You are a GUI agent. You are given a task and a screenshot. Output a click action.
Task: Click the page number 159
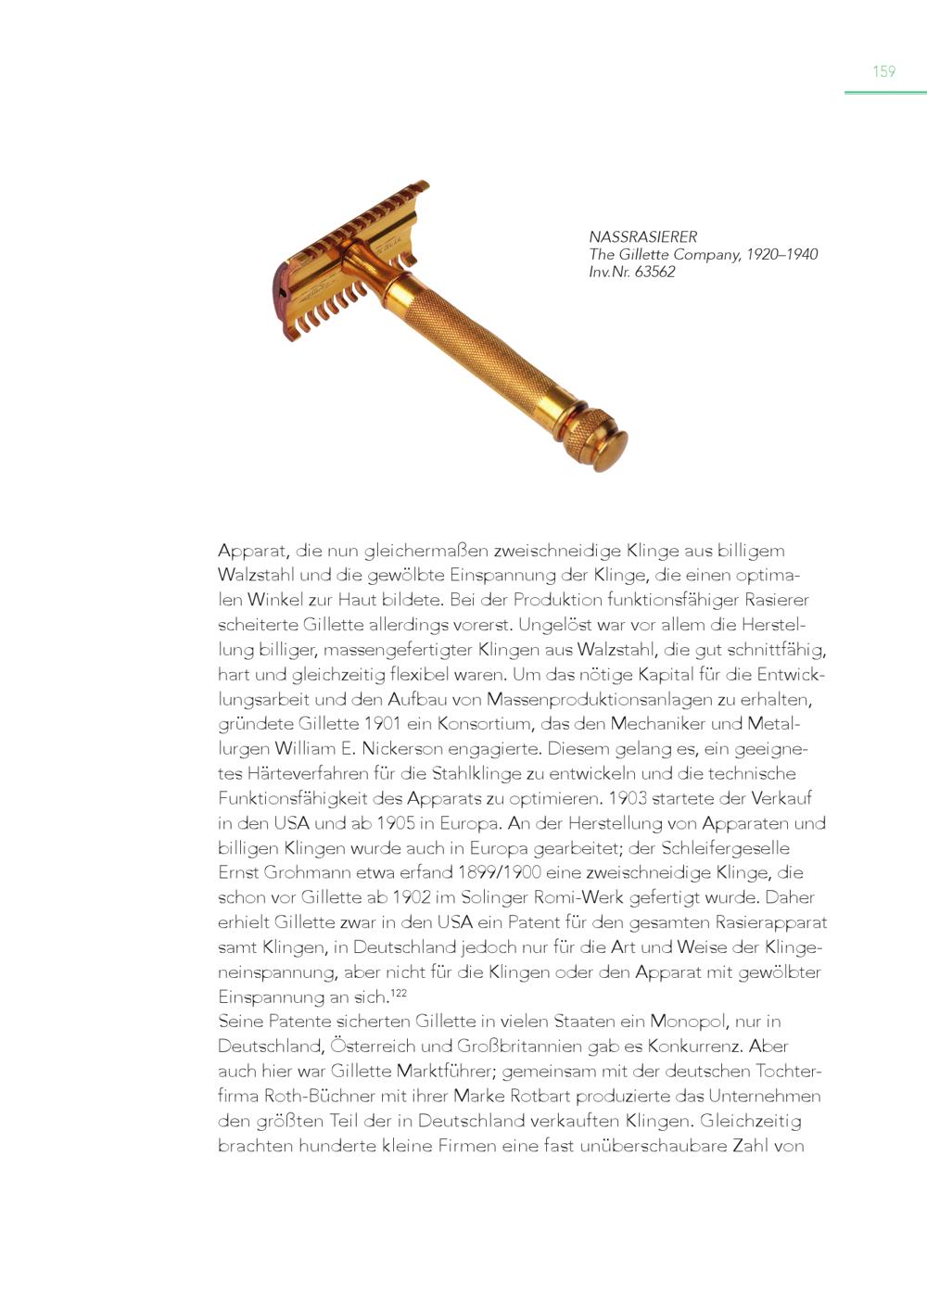(x=883, y=71)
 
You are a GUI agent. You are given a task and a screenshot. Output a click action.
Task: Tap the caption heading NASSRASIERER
(x=642, y=237)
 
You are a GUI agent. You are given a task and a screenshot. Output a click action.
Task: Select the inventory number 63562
(x=654, y=273)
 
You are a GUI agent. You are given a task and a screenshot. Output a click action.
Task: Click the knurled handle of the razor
(x=473, y=343)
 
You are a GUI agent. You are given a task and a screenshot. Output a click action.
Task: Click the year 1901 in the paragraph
(x=381, y=724)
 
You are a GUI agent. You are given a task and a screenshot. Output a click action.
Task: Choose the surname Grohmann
(x=306, y=873)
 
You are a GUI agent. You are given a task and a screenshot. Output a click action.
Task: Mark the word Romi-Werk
(x=579, y=897)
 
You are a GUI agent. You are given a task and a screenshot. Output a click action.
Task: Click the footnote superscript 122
(x=399, y=994)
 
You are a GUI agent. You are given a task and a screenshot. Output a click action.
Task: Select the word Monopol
(x=689, y=1022)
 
